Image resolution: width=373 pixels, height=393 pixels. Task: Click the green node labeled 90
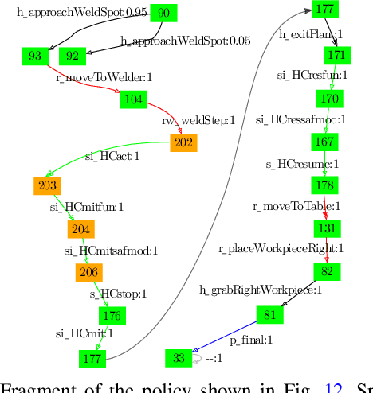pyautogui.click(x=163, y=14)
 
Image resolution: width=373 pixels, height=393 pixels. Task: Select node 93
pyautogui.click(x=35, y=56)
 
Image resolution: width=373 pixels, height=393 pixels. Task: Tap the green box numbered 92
pyautogui.click(x=73, y=56)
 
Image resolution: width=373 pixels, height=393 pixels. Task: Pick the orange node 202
pyautogui.click(x=183, y=143)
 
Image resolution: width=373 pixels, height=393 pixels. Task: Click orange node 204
pyautogui.click(x=80, y=229)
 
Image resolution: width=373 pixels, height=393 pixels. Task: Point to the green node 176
pyautogui.click(x=112, y=316)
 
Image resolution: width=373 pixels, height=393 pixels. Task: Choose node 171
pyautogui.click(x=336, y=56)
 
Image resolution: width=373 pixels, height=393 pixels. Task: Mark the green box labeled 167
pyautogui.click(x=324, y=142)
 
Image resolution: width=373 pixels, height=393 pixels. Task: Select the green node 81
pyautogui.click(x=269, y=315)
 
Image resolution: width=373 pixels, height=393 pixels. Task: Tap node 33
pyautogui.click(x=179, y=358)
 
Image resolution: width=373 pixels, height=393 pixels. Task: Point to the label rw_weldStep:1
pyautogui.click(x=198, y=120)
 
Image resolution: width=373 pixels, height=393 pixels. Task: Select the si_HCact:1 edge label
pyautogui.click(x=112, y=156)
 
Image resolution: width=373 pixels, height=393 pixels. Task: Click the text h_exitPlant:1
pyautogui.click(x=311, y=34)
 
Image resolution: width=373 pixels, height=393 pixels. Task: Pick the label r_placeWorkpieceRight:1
pyautogui.click(x=281, y=248)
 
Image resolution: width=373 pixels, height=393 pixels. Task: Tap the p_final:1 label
pyautogui.click(x=252, y=340)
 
